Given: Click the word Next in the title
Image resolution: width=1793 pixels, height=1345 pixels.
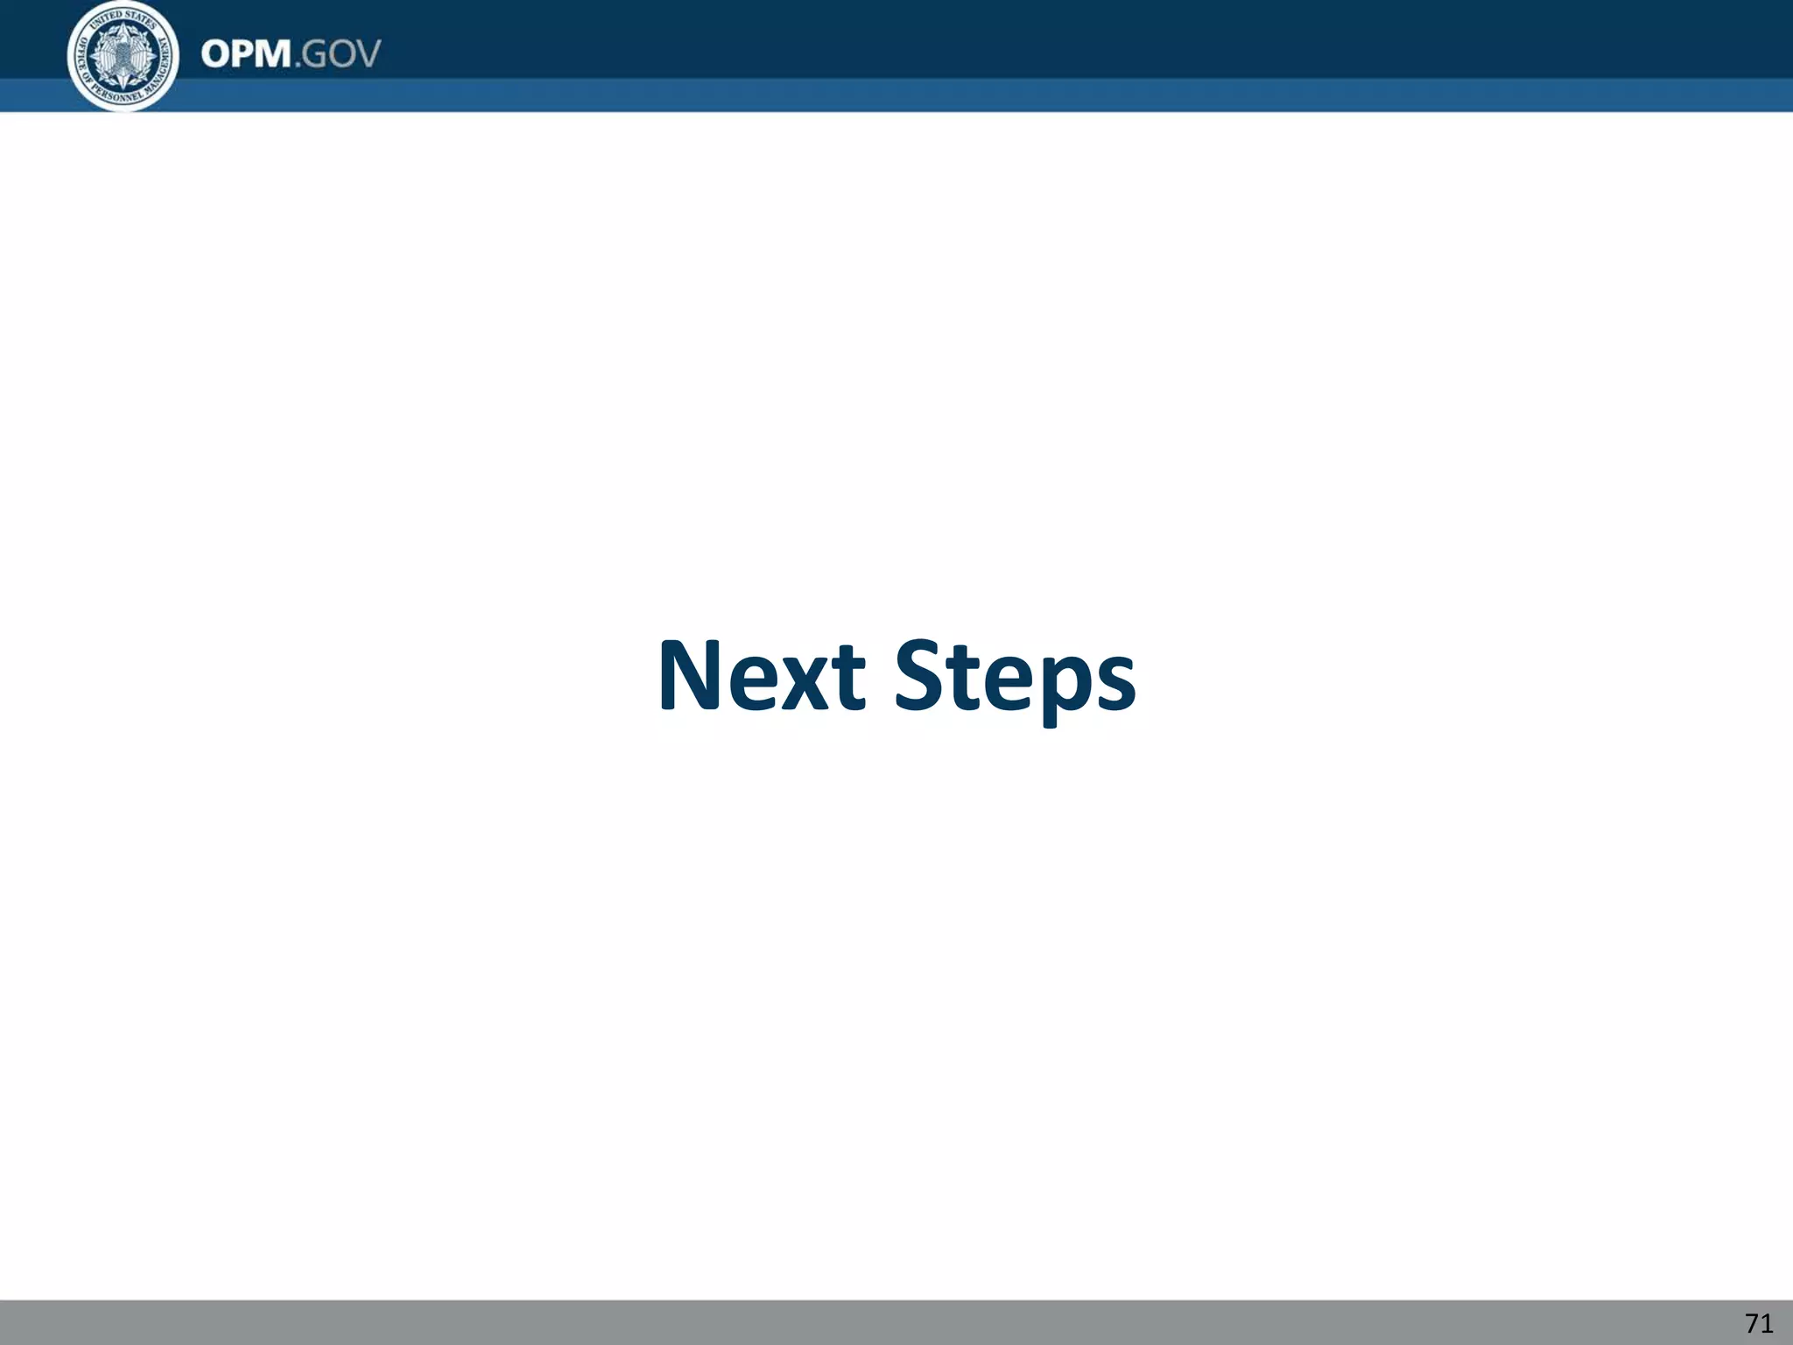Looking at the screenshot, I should pos(761,676).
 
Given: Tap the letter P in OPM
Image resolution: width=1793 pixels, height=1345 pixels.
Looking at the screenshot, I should pos(242,54).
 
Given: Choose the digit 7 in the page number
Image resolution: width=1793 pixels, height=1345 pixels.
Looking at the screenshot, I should pos(1751,1323).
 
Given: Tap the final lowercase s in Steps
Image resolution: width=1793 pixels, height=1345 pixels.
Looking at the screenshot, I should pos(1115,683).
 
